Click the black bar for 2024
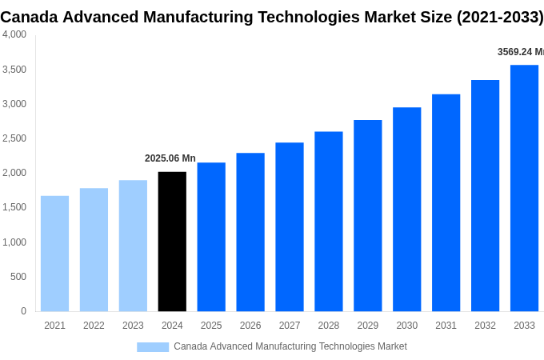point(172,242)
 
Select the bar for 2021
point(54,254)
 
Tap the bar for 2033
point(524,188)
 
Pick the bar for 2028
point(328,222)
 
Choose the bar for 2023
point(133,246)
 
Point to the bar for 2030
point(406,210)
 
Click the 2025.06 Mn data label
point(170,158)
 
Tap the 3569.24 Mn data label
point(520,52)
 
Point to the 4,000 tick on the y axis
point(14,34)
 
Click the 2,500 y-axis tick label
point(14,138)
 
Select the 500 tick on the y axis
point(18,277)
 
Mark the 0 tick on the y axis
point(23,311)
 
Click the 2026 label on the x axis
point(250,326)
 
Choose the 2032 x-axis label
point(485,326)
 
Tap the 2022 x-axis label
point(94,326)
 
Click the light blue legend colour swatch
point(153,347)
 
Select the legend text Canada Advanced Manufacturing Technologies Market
point(290,346)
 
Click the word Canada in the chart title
point(30,17)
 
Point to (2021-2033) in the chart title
point(500,17)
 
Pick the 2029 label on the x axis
point(368,326)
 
